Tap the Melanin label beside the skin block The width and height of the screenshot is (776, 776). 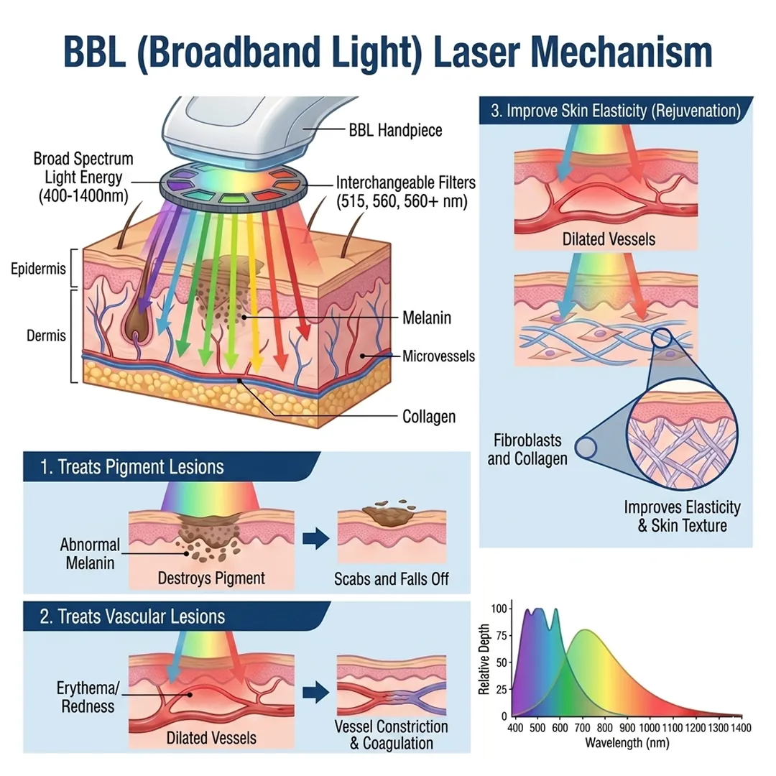pyautogui.click(x=427, y=317)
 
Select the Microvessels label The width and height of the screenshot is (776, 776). pyautogui.click(x=438, y=356)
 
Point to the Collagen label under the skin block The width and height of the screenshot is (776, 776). pyautogui.click(x=429, y=416)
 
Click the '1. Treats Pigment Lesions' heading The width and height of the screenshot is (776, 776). pyautogui.click(x=132, y=467)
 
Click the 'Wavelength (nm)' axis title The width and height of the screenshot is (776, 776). pyautogui.click(x=627, y=742)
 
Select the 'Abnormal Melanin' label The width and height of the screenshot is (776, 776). pyautogui.click(x=90, y=554)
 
